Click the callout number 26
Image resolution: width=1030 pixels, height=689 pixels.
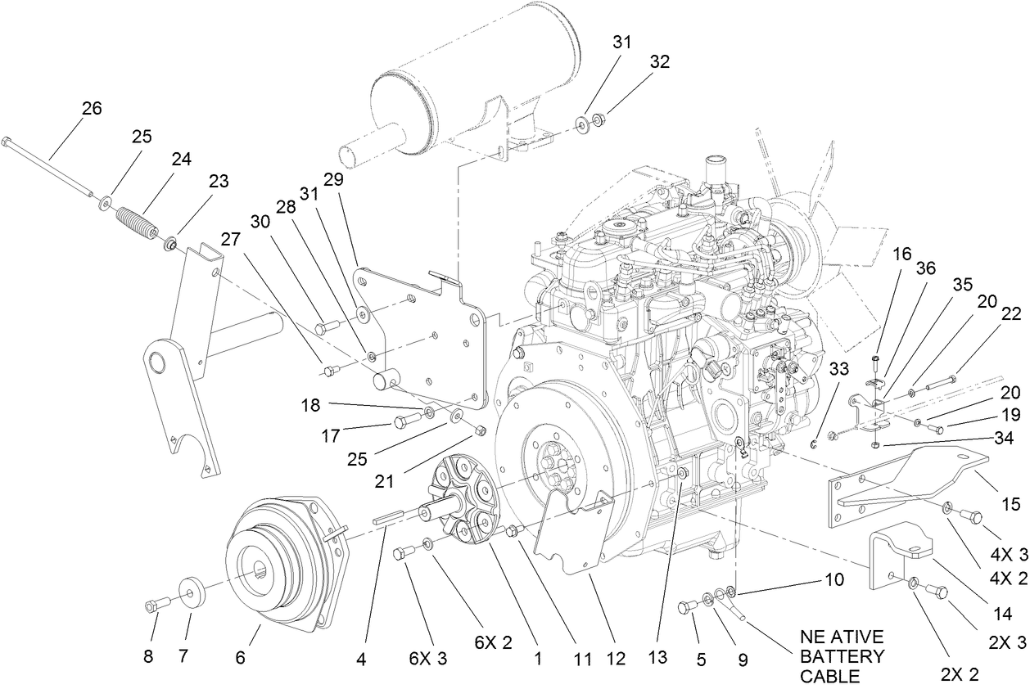click(x=92, y=108)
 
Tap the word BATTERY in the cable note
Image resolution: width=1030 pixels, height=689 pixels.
click(x=843, y=656)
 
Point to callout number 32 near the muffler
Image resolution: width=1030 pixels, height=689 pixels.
click(x=660, y=61)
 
